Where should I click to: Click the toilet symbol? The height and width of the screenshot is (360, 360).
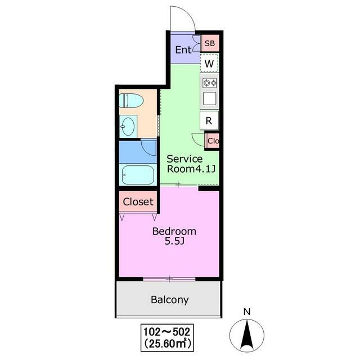click(x=131, y=101)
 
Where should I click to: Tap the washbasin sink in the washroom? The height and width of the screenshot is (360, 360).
click(x=128, y=127)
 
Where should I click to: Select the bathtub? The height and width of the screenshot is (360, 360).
click(x=138, y=175)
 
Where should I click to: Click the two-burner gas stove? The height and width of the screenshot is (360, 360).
click(x=209, y=83)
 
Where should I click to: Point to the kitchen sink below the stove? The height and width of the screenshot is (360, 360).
click(x=209, y=98)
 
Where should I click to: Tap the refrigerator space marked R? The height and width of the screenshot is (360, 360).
click(x=209, y=120)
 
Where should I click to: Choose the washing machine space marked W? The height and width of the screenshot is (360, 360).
click(x=209, y=63)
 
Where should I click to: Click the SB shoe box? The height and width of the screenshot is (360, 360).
click(x=210, y=43)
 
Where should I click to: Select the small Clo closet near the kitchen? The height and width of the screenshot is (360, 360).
click(x=213, y=141)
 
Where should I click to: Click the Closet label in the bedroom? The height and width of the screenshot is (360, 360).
click(x=138, y=202)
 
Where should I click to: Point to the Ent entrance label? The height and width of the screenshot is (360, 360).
click(x=183, y=49)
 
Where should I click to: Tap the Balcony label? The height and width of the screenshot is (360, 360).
click(x=170, y=300)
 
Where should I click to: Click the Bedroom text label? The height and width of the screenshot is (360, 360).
click(x=174, y=231)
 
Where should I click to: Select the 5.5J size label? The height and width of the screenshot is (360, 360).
click(x=174, y=241)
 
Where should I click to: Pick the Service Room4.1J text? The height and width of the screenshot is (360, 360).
click(x=191, y=164)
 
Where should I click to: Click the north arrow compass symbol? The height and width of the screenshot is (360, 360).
click(x=247, y=335)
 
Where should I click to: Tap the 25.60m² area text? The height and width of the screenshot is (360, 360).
click(x=168, y=344)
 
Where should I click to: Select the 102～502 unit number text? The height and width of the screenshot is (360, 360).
click(x=167, y=332)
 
